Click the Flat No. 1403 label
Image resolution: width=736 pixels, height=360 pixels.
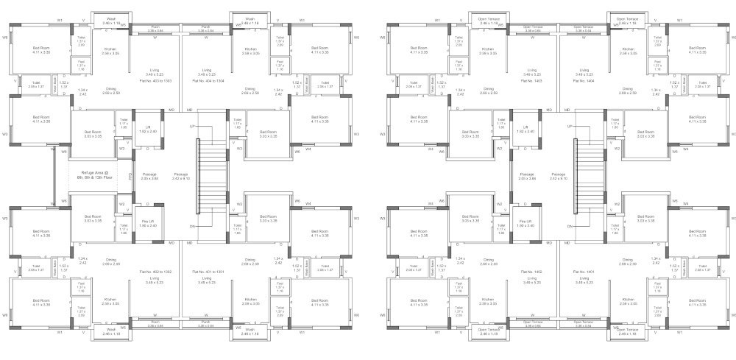pos(531,81)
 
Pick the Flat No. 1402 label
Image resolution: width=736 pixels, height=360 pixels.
pos(531,272)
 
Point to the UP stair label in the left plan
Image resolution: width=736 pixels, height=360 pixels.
pos(193,127)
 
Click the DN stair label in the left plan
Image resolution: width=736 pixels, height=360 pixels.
pos(193,226)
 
